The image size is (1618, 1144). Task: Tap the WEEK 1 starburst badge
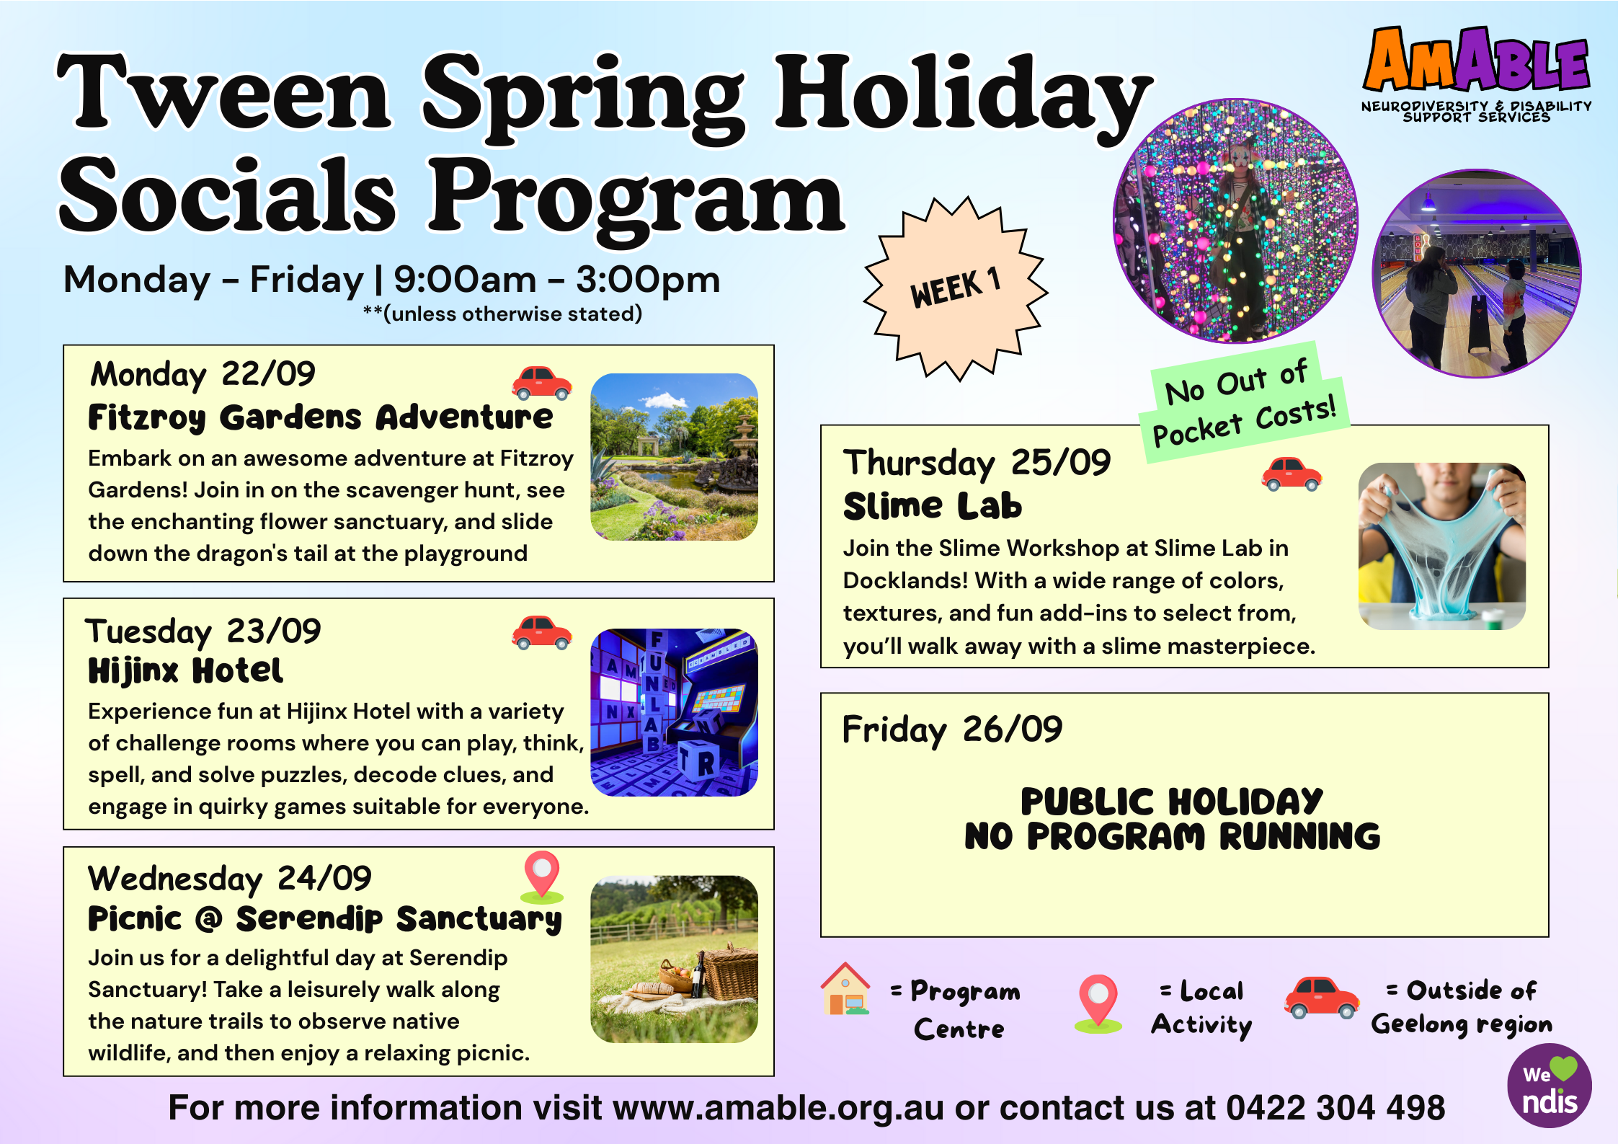pyautogui.click(x=956, y=288)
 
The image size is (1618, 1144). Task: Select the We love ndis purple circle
pyautogui.click(x=1550, y=1086)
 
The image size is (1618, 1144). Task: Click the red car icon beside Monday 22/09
pyautogui.click(x=542, y=382)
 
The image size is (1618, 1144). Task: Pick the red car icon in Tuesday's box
pyautogui.click(x=542, y=632)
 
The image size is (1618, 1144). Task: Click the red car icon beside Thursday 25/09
pyautogui.click(x=1292, y=474)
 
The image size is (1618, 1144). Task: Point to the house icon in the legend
pyautogui.click(x=845, y=989)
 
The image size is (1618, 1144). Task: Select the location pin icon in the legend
pyautogui.click(x=1098, y=1004)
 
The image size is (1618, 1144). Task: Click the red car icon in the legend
pyautogui.click(x=1322, y=998)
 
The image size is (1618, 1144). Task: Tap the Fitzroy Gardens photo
pyautogui.click(x=674, y=457)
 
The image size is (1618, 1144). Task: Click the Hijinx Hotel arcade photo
pyautogui.click(x=674, y=712)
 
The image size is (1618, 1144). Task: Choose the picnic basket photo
pyautogui.click(x=674, y=959)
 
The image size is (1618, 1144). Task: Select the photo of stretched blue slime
pyautogui.click(x=1442, y=546)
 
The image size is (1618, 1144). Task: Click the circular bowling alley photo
pyautogui.click(x=1477, y=274)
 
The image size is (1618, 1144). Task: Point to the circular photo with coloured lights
pyautogui.click(x=1235, y=221)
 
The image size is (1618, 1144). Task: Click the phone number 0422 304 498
pyautogui.click(x=1335, y=1108)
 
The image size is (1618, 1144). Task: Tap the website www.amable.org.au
pyautogui.click(x=778, y=1108)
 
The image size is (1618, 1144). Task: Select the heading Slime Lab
pyautogui.click(x=933, y=506)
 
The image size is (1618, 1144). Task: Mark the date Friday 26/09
pyautogui.click(x=952, y=730)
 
